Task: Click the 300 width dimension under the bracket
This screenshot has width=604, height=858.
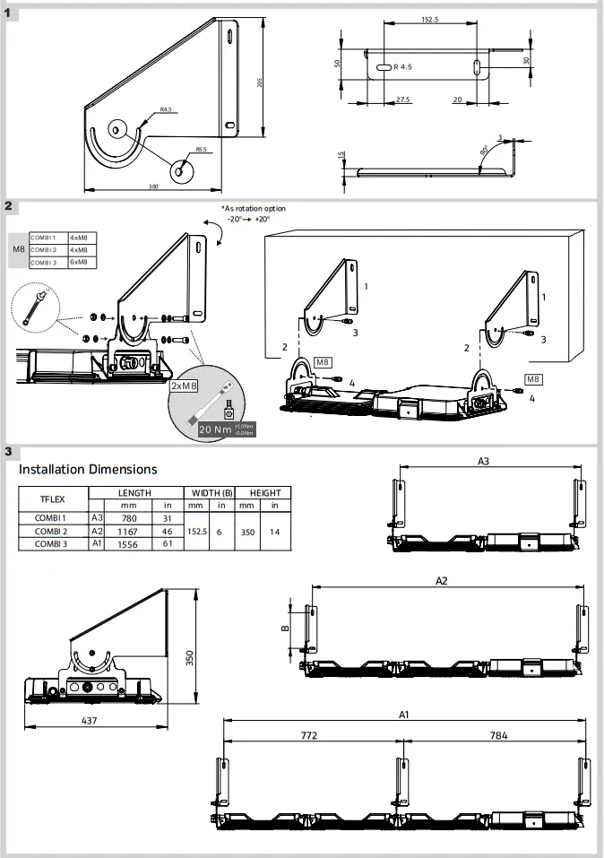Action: click(153, 186)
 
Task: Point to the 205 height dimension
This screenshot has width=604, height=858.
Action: click(260, 82)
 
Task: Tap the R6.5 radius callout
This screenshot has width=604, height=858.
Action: click(201, 150)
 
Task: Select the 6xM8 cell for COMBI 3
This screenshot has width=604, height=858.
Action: click(79, 262)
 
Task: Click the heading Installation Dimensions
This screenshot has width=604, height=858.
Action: click(88, 469)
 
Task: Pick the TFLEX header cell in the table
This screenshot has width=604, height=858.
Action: click(53, 499)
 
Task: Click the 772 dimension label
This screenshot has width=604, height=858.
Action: click(308, 735)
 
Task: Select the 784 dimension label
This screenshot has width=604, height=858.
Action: click(497, 735)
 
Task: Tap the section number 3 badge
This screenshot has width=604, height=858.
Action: click(8, 451)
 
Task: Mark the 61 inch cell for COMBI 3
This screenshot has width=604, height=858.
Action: click(168, 544)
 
